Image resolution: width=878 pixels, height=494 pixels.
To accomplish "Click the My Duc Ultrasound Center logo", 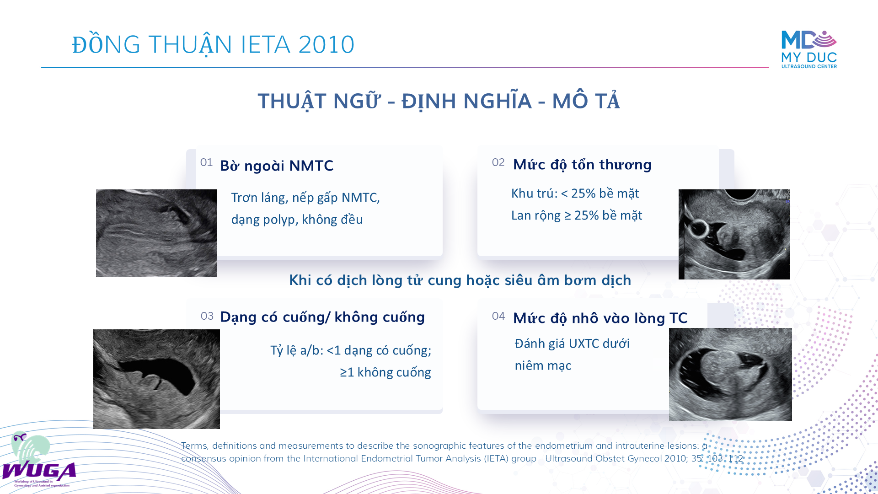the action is (x=809, y=49).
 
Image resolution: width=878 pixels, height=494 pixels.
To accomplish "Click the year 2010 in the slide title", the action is (x=327, y=45).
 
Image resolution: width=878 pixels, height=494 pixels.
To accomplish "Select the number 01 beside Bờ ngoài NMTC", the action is (x=206, y=162).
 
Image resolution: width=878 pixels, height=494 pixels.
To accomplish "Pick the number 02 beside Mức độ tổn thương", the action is (x=498, y=162).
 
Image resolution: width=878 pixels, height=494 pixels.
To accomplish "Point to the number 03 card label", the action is (x=207, y=316).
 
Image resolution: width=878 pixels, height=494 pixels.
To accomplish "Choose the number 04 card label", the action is (x=498, y=316).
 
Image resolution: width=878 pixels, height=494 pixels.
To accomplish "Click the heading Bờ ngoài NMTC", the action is (x=277, y=166).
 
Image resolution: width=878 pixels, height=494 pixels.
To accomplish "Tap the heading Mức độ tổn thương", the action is (x=582, y=164).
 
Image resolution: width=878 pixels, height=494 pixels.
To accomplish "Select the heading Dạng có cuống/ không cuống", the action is (x=322, y=317).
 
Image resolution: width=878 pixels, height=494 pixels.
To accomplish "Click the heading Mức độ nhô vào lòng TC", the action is (x=600, y=318).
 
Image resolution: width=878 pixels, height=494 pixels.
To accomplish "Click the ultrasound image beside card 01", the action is (x=156, y=233).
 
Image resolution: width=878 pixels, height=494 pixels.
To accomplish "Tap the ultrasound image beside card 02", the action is (x=734, y=234).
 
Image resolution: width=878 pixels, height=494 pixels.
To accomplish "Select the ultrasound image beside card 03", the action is (x=156, y=379).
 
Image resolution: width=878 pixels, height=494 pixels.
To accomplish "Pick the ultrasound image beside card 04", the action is (x=730, y=375).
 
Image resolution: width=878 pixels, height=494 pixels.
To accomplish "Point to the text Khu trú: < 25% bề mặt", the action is (x=575, y=193).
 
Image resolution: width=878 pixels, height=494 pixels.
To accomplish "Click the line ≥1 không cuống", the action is (x=385, y=372).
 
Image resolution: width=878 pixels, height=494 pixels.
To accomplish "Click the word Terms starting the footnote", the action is (x=194, y=446).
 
